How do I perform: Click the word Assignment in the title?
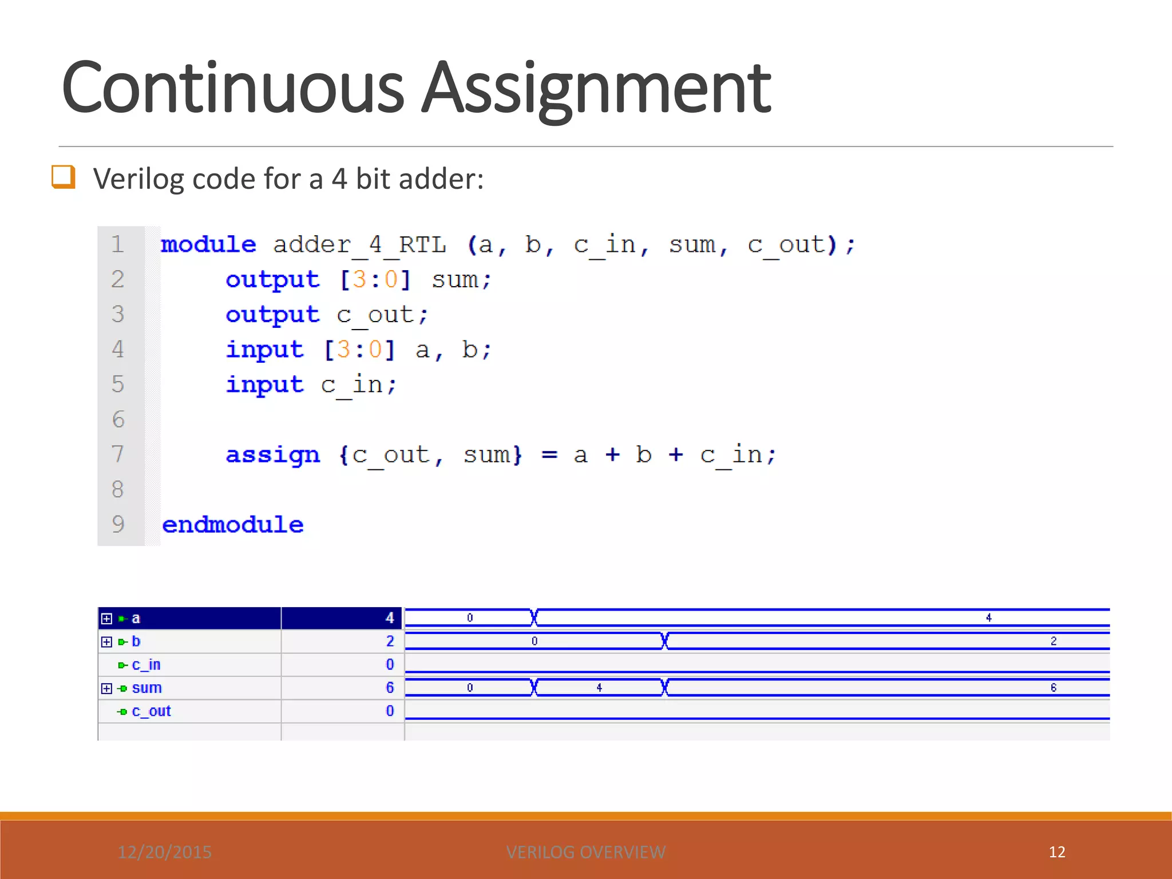pos(596,89)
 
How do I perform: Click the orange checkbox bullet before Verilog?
pos(63,176)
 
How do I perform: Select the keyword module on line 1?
pos(208,245)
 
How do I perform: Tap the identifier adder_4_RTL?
pos(359,245)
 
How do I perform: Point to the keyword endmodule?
pos(232,525)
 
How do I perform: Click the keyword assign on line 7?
pos(272,455)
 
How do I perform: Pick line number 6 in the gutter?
pos(118,419)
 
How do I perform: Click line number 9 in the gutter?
pos(118,524)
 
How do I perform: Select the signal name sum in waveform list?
pos(146,688)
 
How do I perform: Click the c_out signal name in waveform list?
pos(151,711)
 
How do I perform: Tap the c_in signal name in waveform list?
pos(146,665)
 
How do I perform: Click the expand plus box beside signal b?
pos(106,642)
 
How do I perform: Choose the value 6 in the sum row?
pos(390,688)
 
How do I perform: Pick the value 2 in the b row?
pos(390,642)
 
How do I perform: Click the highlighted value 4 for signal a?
pos(390,618)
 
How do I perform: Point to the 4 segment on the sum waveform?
pos(599,687)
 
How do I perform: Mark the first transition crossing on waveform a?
pos(534,617)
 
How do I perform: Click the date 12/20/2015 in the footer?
pos(165,852)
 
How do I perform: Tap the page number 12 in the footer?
pos(1057,852)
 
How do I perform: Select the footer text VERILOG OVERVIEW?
pos(586,852)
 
